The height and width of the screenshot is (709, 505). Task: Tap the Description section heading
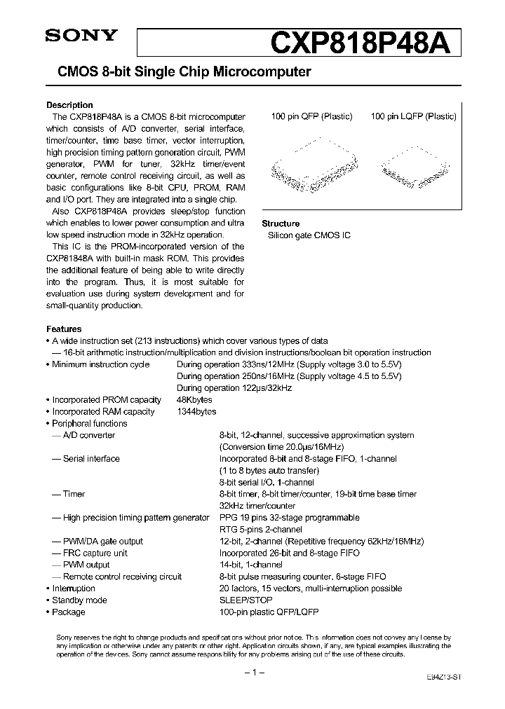click(69, 105)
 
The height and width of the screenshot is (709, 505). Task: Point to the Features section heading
click(64, 329)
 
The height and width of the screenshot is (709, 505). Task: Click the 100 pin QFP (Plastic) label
click(311, 116)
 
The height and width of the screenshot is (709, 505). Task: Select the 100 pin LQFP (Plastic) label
click(413, 116)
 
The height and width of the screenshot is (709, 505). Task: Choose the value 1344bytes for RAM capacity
click(196, 412)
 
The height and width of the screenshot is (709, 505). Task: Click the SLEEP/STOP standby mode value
click(245, 600)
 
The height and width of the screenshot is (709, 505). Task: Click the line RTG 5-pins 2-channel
click(260, 530)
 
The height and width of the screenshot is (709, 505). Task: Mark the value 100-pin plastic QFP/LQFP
click(269, 612)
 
